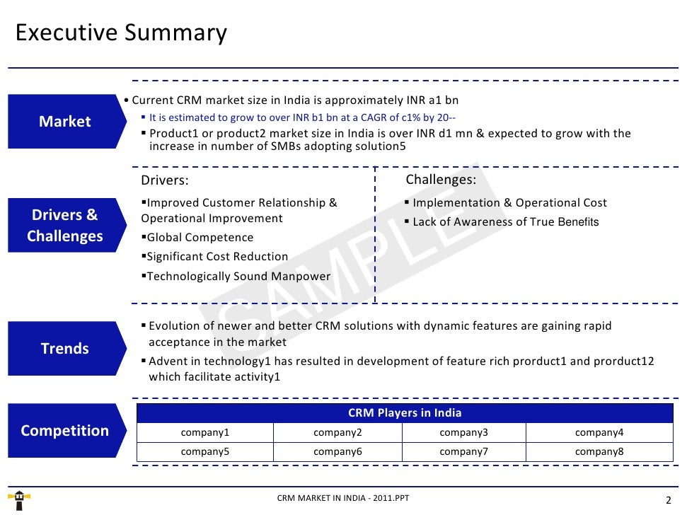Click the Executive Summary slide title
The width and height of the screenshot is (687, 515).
121,33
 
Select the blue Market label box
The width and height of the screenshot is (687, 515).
64,122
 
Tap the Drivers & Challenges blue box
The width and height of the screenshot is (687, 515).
64,226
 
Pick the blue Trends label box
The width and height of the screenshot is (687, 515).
64,349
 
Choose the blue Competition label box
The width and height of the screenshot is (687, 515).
64,431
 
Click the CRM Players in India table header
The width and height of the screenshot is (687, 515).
405,413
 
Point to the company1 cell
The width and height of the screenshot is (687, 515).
205,433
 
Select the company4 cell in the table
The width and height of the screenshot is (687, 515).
599,433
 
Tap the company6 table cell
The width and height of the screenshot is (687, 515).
337,451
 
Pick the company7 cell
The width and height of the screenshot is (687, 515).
463,451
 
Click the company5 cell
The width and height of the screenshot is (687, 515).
205,451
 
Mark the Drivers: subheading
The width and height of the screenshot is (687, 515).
165,181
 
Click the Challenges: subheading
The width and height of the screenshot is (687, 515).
441,180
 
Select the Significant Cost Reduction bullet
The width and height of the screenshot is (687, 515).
215,257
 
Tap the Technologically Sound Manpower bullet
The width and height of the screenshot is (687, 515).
236,277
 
